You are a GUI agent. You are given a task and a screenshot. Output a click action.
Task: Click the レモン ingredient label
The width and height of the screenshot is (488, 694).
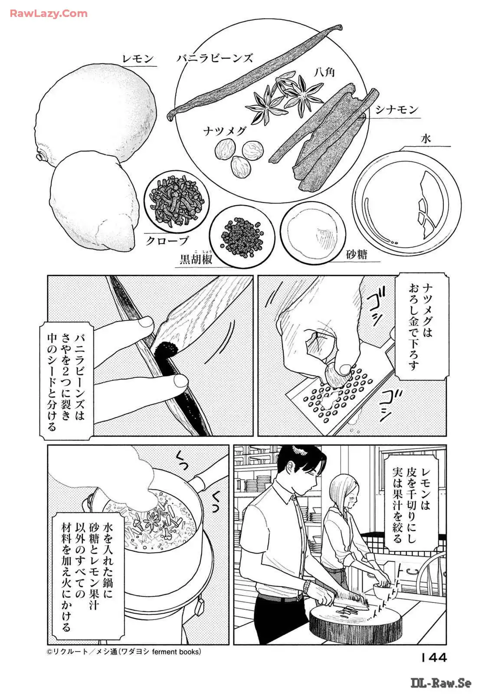click(x=138, y=59)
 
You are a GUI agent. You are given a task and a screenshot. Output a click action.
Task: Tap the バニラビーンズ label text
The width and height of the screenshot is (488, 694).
click(x=215, y=58)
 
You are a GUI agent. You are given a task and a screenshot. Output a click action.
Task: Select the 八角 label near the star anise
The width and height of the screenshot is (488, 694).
click(x=324, y=72)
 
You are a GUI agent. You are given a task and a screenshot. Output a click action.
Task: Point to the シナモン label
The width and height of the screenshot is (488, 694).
click(x=397, y=110)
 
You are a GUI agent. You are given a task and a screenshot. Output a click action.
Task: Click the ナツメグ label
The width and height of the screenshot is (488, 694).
click(x=225, y=131)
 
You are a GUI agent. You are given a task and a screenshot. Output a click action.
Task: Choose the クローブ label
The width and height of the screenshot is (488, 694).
click(x=167, y=240)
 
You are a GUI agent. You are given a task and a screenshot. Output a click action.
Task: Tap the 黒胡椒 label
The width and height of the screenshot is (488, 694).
click(x=197, y=259)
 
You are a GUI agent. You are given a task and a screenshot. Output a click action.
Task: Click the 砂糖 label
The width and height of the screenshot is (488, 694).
click(x=357, y=255)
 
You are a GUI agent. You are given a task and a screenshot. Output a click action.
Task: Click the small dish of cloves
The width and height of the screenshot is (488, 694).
click(x=177, y=201)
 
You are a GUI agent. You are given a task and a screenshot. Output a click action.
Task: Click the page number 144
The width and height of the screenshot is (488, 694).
click(x=433, y=658)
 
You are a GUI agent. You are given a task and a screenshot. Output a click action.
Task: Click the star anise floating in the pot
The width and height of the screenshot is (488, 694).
click(x=152, y=520)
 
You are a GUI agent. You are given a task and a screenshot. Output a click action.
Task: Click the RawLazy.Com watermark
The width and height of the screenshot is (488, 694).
click(x=49, y=13)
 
